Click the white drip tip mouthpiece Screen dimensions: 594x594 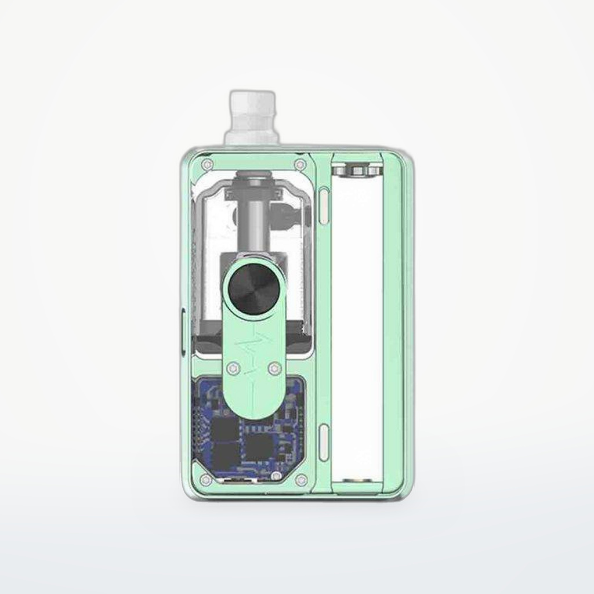(x=251, y=116)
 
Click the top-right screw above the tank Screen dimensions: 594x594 (x=300, y=165)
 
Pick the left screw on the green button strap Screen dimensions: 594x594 (x=233, y=367)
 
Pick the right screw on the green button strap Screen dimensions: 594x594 (x=275, y=367)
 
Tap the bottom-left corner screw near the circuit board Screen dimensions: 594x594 (x=205, y=480)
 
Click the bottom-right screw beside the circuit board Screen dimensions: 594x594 (x=300, y=480)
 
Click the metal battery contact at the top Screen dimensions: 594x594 (x=356, y=169)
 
